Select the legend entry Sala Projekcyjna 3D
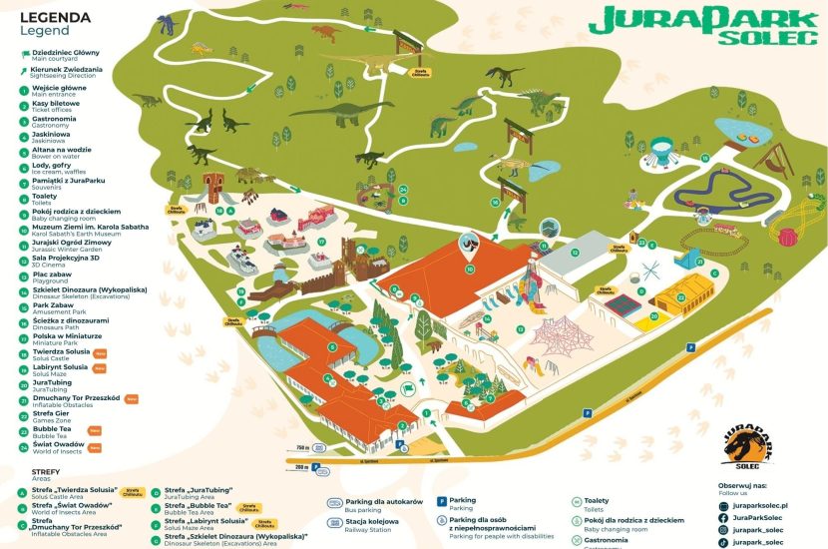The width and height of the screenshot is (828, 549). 61,259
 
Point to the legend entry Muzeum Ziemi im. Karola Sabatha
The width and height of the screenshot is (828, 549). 76,228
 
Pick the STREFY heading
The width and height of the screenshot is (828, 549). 46,471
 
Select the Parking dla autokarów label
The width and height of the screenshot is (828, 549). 384,501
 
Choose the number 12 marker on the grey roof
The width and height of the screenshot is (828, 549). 575,254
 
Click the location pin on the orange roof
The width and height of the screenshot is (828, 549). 467,244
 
